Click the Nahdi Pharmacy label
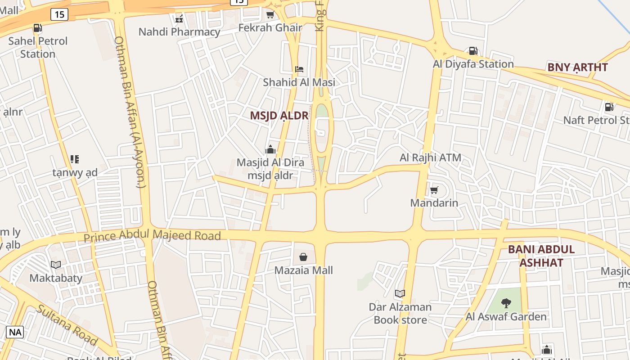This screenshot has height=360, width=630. click(179, 32)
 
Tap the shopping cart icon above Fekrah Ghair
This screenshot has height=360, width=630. click(270, 15)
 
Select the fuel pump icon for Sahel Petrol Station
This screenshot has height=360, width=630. click(38, 28)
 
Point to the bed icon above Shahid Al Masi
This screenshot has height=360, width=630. click(299, 69)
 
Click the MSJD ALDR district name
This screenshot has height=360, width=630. click(279, 116)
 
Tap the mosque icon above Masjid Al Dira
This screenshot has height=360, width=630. click(270, 149)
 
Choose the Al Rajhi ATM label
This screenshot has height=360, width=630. click(430, 158)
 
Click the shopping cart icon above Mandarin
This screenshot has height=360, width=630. click(434, 190)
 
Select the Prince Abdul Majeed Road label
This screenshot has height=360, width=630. click(152, 235)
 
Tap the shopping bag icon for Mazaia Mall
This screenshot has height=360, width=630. click(303, 257)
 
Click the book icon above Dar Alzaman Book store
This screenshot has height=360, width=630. click(400, 294)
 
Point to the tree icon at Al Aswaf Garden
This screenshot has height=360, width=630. click(506, 303)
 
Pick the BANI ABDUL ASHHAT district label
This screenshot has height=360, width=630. click(541, 256)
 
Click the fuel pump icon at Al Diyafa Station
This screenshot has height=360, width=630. click(473, 51)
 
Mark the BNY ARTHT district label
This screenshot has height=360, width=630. click(577, 67)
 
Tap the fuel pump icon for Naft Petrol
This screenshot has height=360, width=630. click(609, 107)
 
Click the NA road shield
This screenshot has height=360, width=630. click(15, 333)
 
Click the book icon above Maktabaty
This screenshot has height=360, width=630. click(56, 265)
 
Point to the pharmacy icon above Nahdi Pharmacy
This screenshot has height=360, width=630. click(179, 19)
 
